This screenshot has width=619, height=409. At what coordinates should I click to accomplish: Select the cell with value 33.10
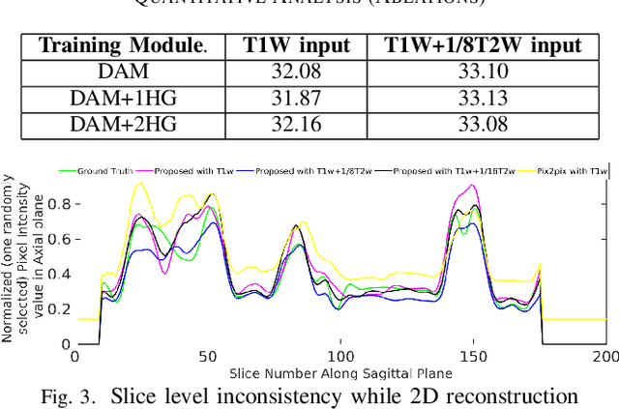[x=483, y=73]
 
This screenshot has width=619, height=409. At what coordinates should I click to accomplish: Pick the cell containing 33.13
[x=483, y=98]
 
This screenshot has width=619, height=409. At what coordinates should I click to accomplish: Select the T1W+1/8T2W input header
[x=483, y=45]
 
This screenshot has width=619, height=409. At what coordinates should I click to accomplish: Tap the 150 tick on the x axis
[x=472, y=356]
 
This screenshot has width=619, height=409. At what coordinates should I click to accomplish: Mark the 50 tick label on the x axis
[x=208, y=356]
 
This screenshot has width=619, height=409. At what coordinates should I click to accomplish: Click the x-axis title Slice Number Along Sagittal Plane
[x=340, y=372]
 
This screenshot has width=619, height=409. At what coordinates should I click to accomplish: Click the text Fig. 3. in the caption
[x=74, y=394]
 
